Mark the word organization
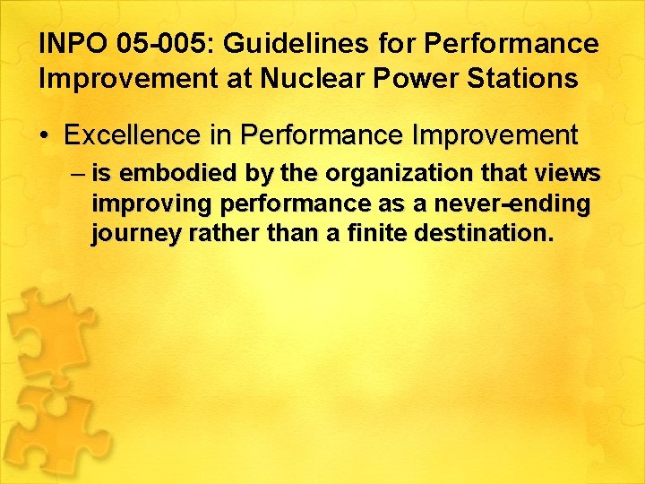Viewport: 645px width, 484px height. tap(380, 174)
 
